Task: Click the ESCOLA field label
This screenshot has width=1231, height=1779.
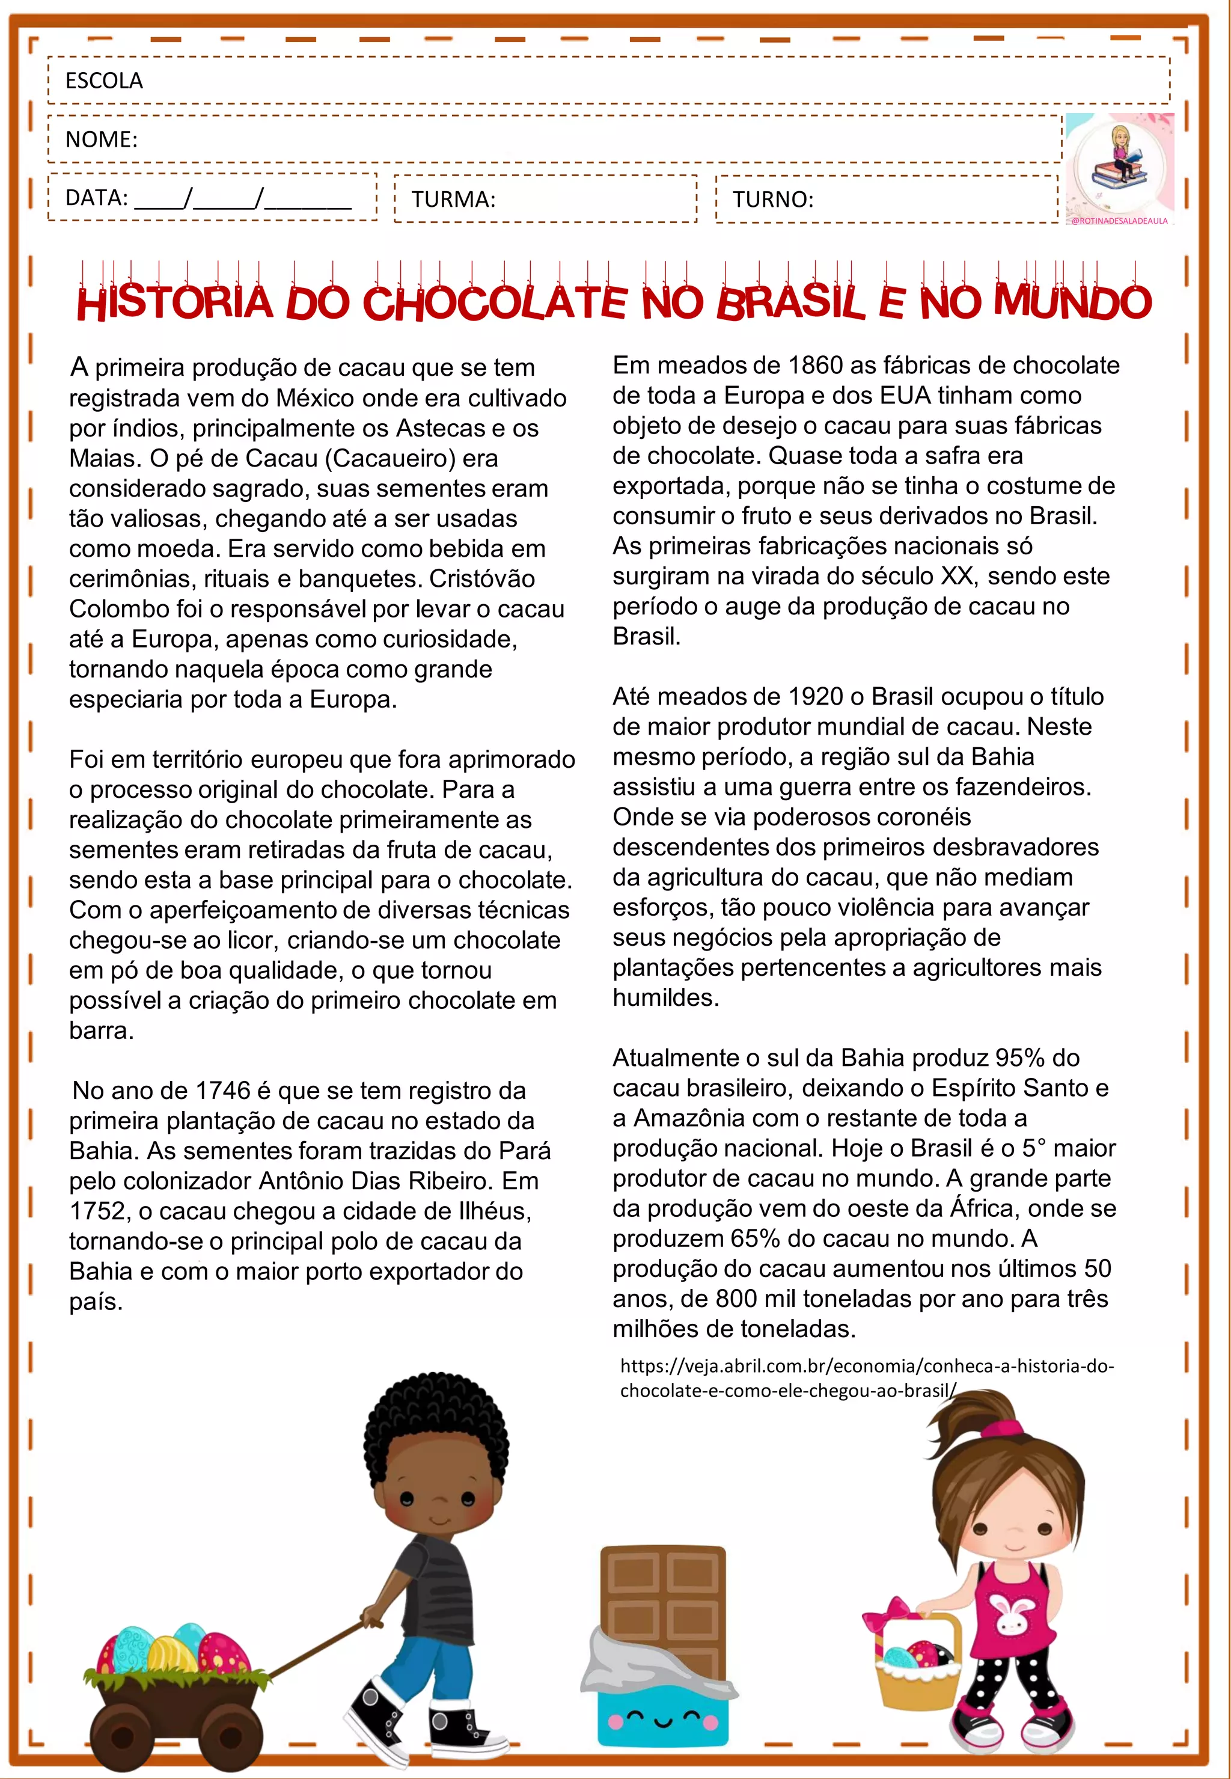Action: tap(104, 80)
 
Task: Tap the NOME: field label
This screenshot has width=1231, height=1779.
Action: tap(101, 139)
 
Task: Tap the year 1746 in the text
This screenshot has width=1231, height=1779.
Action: tap(222, 1090)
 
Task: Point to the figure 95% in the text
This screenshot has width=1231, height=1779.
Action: tap(1021, 1057)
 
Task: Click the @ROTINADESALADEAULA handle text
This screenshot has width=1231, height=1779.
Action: tap(1119, 221)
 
